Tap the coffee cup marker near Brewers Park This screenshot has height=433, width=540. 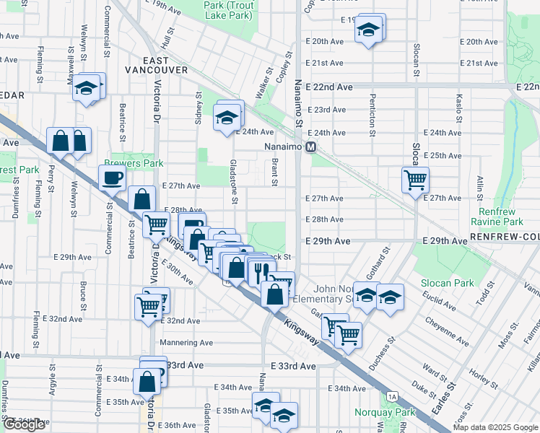pos(112,178)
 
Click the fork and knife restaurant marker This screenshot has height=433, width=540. pos(261,271)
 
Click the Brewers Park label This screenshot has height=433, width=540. pos(134,164)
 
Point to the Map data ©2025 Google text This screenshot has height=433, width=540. pos(496,427)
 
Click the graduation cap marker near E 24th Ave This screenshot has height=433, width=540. pos(226,117)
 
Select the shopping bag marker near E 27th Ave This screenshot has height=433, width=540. pos(143,198)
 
